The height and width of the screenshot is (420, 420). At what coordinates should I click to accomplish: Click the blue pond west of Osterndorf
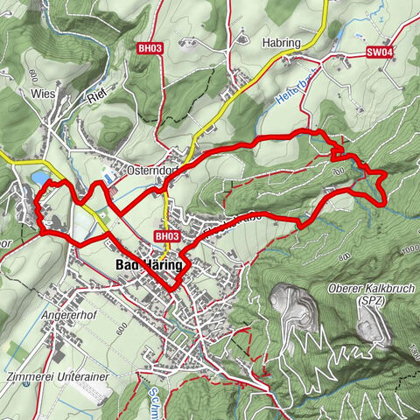(39, 178)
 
